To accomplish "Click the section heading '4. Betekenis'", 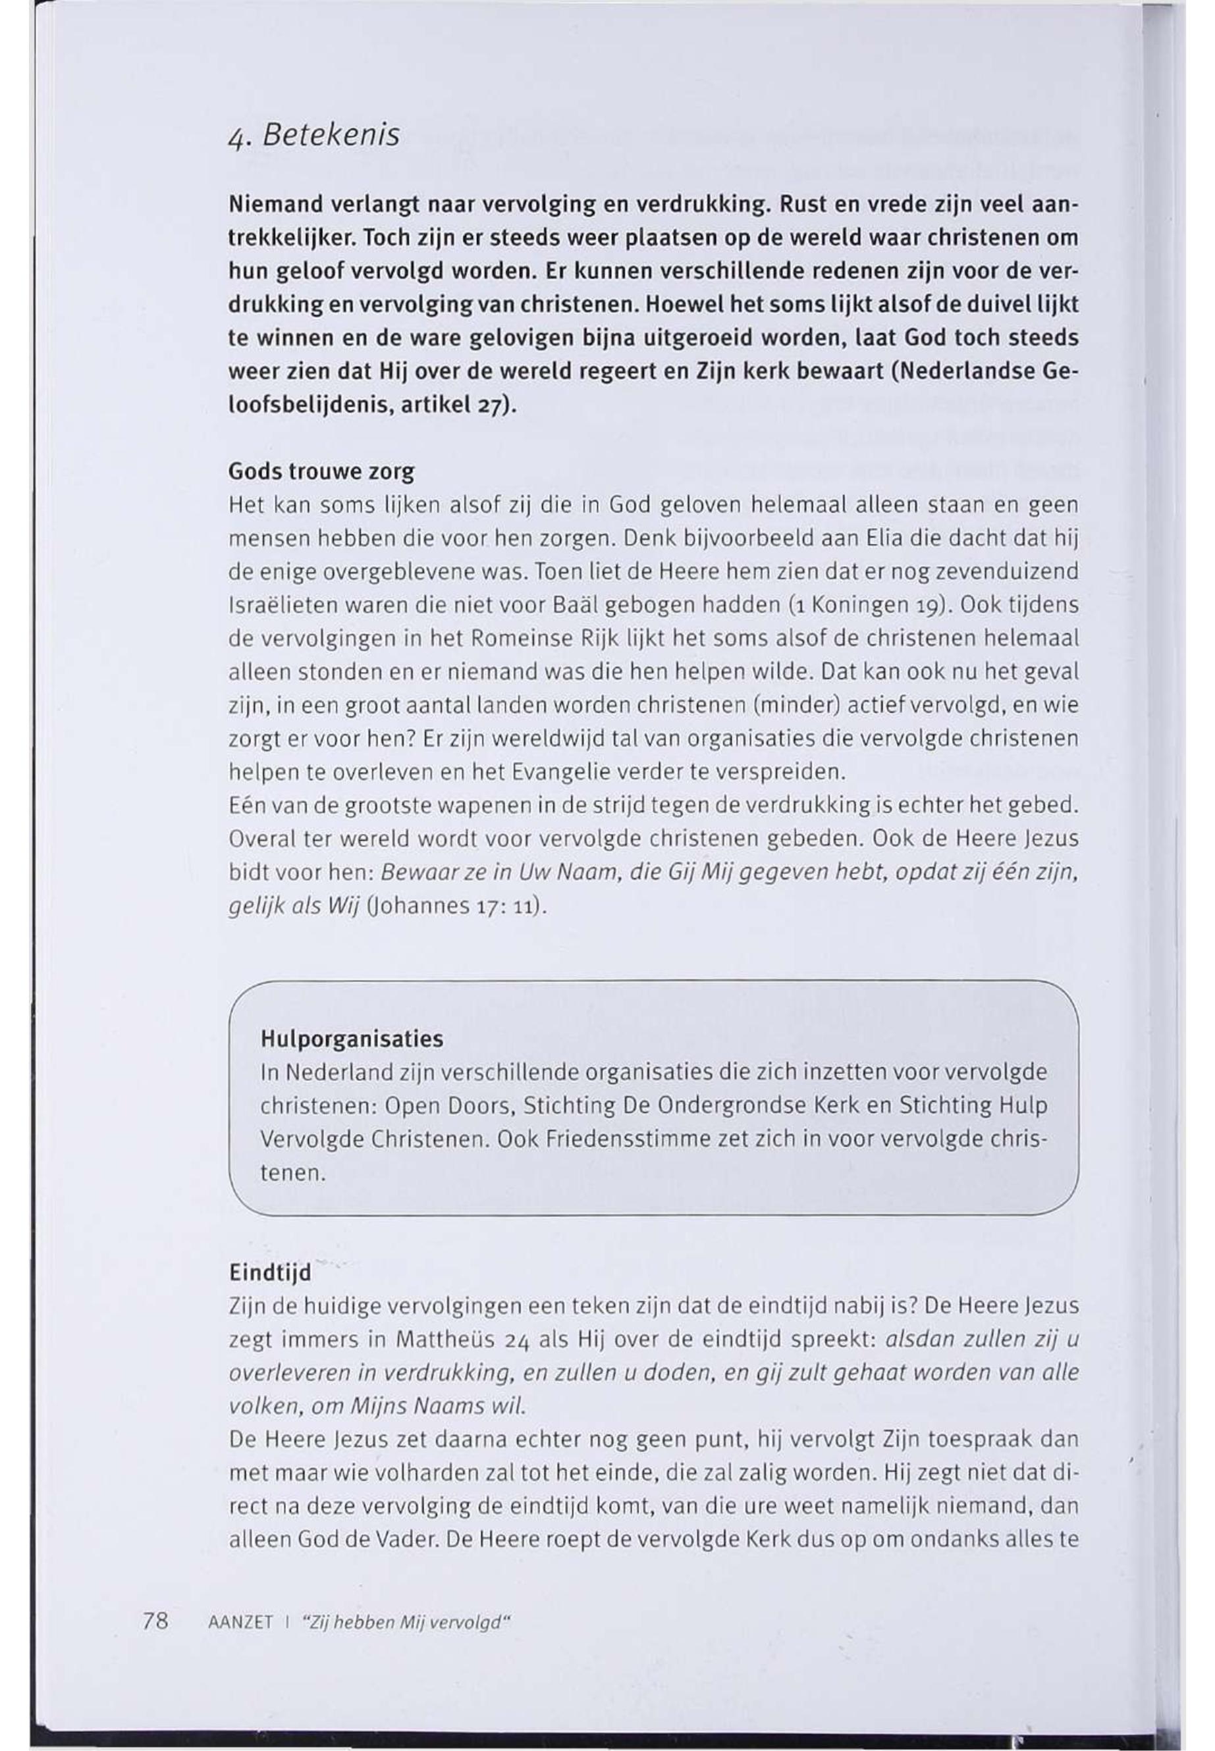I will coord(313,136).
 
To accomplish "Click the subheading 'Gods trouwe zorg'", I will coord(321,472).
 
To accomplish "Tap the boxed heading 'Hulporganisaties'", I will coord(352,1038).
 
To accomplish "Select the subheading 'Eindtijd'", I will coord(270,1272).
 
